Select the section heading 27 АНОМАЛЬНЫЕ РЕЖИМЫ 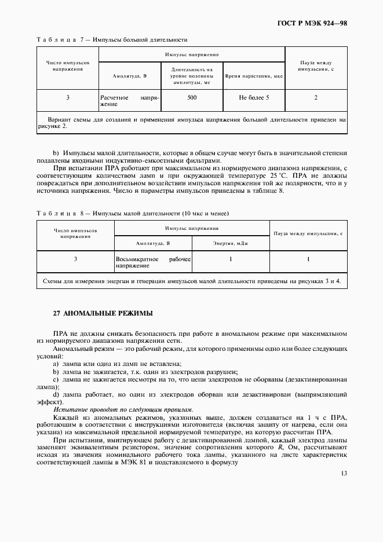[x=103, y=313]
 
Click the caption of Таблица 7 [x=111, y=40]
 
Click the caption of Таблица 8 [x=132, y=213]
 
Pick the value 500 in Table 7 [x=192, y=97]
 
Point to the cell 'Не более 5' [x=254, y=97]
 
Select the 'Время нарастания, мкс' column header [x=254, y=76]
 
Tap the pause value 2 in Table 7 [x=316, y=97]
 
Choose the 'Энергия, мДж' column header [x=230, y=244]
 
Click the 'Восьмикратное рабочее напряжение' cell [x=153, y=262]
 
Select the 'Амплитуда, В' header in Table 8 [x=153, y=244]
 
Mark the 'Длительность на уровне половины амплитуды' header [x=192, y=76]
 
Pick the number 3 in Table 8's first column [x=75, y=259]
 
